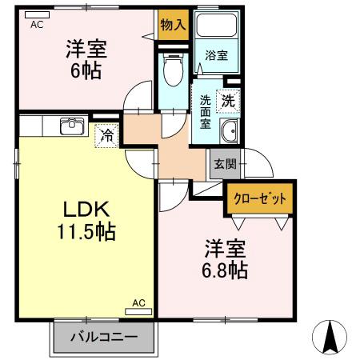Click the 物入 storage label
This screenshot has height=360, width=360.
click(x=173, y=25)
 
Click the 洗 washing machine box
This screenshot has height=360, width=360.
click(x=229, y=102)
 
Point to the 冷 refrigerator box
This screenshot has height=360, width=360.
click(x=106, y=135)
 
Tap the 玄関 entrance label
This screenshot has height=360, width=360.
click(x=224, y=165)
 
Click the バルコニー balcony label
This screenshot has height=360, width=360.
click(x=102, y=337)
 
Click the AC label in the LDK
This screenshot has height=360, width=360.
click(x=138, y=303)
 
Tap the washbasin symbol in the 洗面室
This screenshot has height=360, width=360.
click(x=229, y=132)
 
